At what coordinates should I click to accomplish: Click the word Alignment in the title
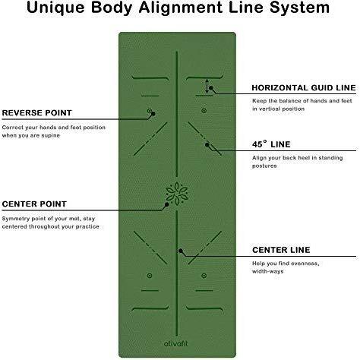tap(181, 8)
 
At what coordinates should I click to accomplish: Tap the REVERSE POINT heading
tap(37, 112)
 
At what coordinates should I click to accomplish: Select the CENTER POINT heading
tap(34, 204)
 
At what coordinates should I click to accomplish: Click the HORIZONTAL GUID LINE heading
tap(304, 87)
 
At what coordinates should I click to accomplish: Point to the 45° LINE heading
tap(271, 144)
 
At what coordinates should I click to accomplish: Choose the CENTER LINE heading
tap(281, 250)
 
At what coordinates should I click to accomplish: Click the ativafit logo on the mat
tap(176, 343)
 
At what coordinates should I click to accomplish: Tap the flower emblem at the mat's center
tap(177, 193)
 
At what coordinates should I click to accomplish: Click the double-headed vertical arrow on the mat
tap(207, 87)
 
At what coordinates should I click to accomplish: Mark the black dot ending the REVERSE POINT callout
tap(153, 114)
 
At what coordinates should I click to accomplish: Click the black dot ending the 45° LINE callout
tap(207, 145)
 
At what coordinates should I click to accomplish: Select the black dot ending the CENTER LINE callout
tap(181, 251)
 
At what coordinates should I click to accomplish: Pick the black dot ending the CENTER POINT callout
tap(167, 204)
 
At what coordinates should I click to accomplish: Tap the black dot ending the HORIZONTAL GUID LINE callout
tap(211, 88)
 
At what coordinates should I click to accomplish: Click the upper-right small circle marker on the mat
tap(204, 111)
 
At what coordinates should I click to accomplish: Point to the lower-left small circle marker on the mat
tap(150, 276)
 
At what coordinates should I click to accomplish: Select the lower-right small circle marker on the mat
tap(204, 276)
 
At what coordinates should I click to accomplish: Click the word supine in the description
tap(51, 136)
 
